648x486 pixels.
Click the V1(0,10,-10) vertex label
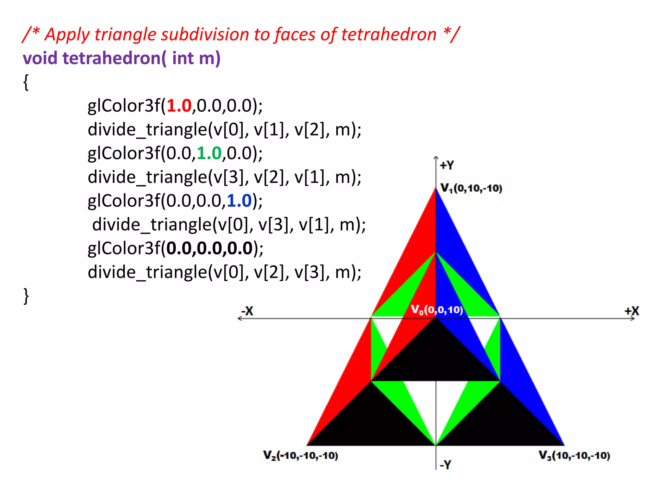(x=471, y=188)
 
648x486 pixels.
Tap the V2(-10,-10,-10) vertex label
(x=301, y=456)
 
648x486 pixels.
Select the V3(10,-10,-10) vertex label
(x=574, y=456)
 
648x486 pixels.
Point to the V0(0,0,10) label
(x=437, y=309)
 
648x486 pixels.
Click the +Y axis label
(x=447, y=165)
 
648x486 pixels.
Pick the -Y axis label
(x=445, y=464)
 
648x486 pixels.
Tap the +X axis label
(x=632, y=311)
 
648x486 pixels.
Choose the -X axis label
(x=247, y=311)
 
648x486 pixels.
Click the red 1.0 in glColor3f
(x=179, y=106)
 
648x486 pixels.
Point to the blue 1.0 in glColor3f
(x=239, y=201)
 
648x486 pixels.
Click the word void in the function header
(x=40, y=58)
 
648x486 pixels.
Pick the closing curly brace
(x=26, y=296)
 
